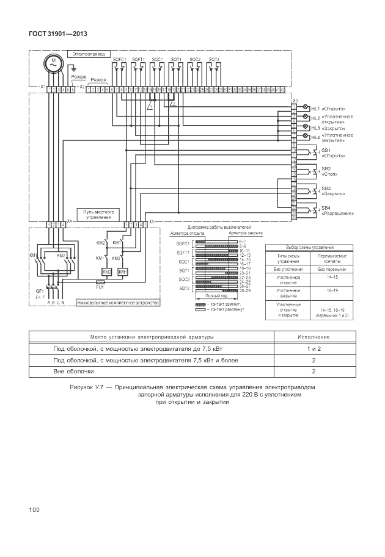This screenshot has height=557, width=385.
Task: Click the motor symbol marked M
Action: click(x=53, y=63)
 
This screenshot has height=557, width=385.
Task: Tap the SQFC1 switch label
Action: click(x=119, y=59)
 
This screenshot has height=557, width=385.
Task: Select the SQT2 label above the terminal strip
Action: click(x=214, y=59)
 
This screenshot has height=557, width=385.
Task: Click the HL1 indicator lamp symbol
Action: click(x=306, y=107)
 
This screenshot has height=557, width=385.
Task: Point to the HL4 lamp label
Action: click(x=316, y=137)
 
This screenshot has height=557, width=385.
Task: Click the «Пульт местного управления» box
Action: click(x=97, y=213)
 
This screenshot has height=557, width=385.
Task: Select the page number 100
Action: click(x=34, y=509)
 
